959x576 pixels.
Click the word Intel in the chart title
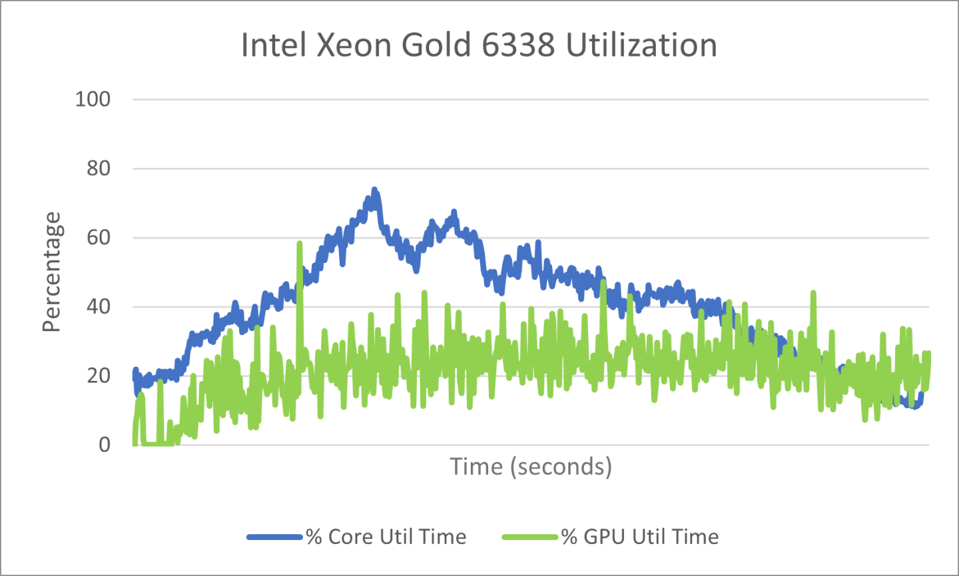click(x=272, y=45)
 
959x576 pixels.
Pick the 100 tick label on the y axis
click(x=93, y=99)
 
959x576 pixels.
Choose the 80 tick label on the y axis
click(x=99, y=168)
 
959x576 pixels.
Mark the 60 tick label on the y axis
click(x=99, y=238)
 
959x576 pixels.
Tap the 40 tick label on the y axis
click(x=99, y=307)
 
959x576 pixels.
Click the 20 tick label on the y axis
click(x=99, y=376)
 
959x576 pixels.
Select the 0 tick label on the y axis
click(x=105, y=445)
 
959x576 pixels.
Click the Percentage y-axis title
click(x=51, y=272)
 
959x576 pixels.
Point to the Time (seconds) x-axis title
click(x=531, y=467)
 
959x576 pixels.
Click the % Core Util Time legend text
click(x=386, y=537)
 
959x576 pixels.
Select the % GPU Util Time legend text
click(x=640, y=537)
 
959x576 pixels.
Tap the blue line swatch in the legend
click(x=275, y=537)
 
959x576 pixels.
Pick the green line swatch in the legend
click(x=530, y=537)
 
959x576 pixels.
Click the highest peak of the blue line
click(x=374, y=190)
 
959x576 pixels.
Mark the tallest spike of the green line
click(x=299, y=243)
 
